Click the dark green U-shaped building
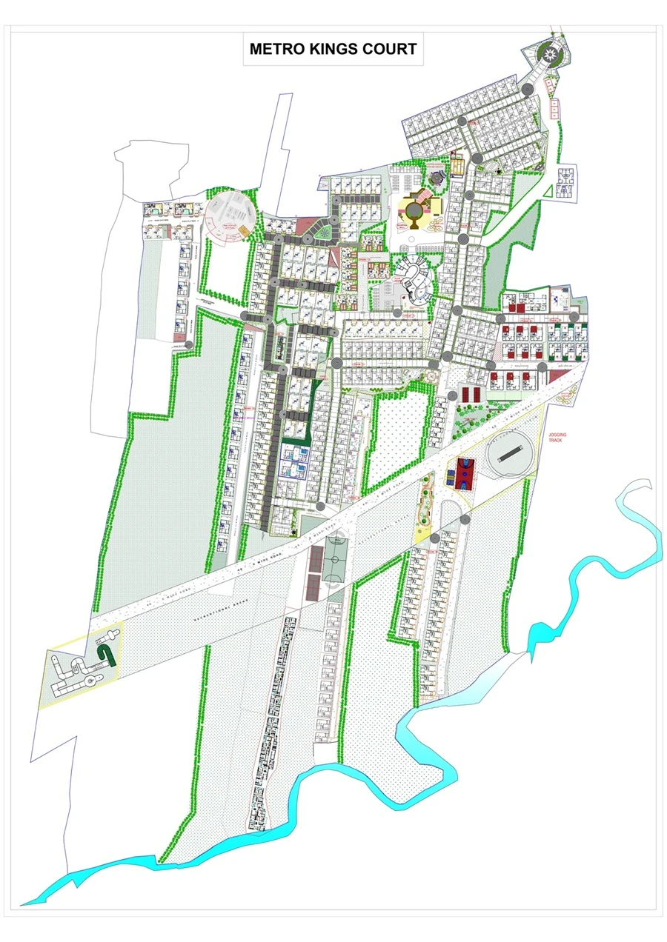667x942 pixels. (107, 652)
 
